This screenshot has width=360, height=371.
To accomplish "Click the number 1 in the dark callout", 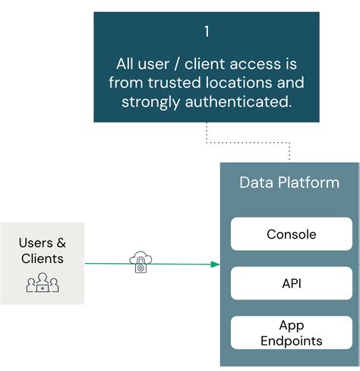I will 206,32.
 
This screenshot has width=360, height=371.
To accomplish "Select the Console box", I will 291,234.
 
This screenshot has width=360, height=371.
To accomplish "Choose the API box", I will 291,283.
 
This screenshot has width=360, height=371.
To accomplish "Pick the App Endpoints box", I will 291,333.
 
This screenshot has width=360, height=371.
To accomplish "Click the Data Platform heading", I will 289,183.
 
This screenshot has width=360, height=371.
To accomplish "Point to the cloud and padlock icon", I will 141,262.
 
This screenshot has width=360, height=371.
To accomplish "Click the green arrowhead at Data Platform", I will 216,265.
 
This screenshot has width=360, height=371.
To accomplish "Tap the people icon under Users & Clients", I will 43,284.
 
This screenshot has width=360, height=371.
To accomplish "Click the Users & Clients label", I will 43,251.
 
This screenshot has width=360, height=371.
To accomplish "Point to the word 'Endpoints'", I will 291,341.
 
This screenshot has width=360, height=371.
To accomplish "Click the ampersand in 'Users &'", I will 61,243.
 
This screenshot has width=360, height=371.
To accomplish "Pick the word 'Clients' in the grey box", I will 43,259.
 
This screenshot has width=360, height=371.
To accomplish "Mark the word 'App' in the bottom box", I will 291,325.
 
